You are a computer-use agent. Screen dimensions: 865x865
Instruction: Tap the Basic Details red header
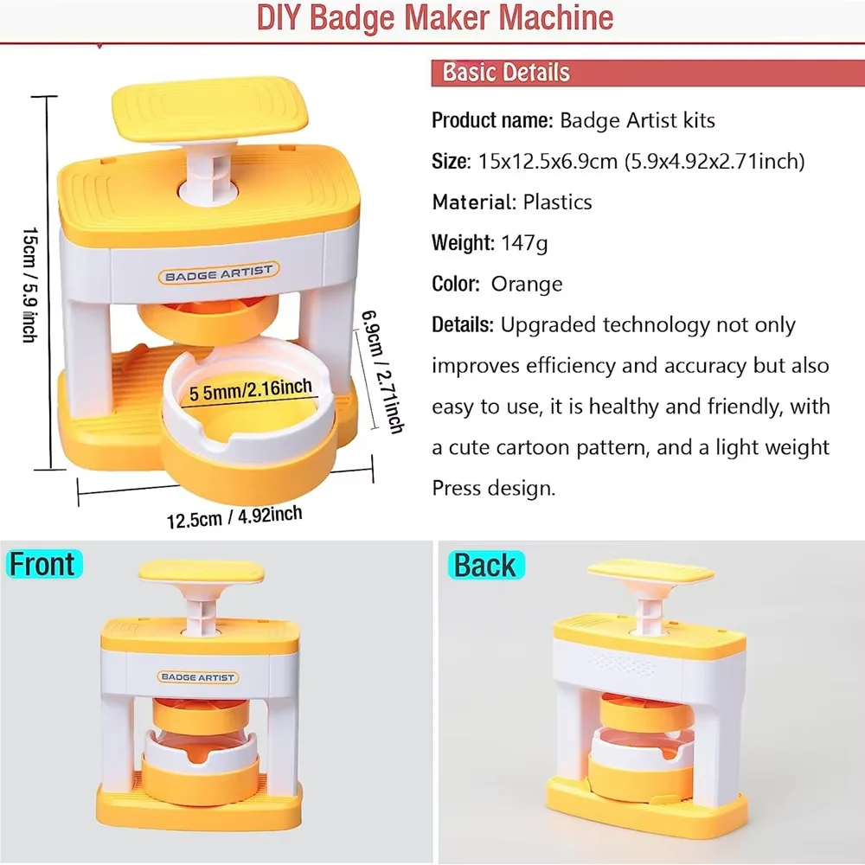tap(506, 72)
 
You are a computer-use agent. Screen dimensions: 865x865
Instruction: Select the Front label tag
tap(42, 564)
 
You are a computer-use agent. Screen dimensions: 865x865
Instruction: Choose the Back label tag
tap(484, 565)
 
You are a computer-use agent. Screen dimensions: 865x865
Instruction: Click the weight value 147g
tap(524, 243)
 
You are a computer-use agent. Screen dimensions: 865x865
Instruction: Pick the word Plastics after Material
tap(558, 202)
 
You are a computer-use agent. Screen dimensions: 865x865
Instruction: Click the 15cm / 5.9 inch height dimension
tap(29, 284)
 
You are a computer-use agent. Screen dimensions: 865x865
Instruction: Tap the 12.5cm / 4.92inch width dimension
tap(234, 516)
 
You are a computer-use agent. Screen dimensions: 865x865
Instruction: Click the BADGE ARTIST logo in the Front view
tap(198, 677)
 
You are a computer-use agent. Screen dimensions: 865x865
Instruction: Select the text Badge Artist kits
tap(638, 120)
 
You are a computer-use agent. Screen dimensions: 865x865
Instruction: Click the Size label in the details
tap(450, 161)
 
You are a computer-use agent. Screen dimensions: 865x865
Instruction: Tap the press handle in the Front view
tap(201, 572)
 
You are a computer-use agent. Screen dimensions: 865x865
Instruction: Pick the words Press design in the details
tap(493, 489)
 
